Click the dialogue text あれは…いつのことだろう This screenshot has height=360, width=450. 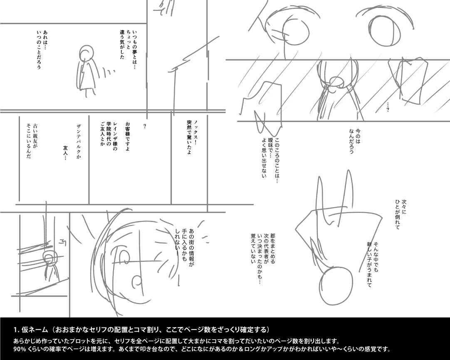(42, 50)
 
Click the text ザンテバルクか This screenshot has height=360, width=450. (78, 142)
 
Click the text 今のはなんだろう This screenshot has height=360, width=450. (354, 140)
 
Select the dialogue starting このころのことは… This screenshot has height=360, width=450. (270, 157)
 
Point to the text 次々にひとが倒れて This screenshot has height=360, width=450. (401, 215)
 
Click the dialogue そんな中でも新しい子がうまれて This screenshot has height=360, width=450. (373, 264)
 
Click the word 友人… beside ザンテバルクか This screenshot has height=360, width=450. (65, 153)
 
